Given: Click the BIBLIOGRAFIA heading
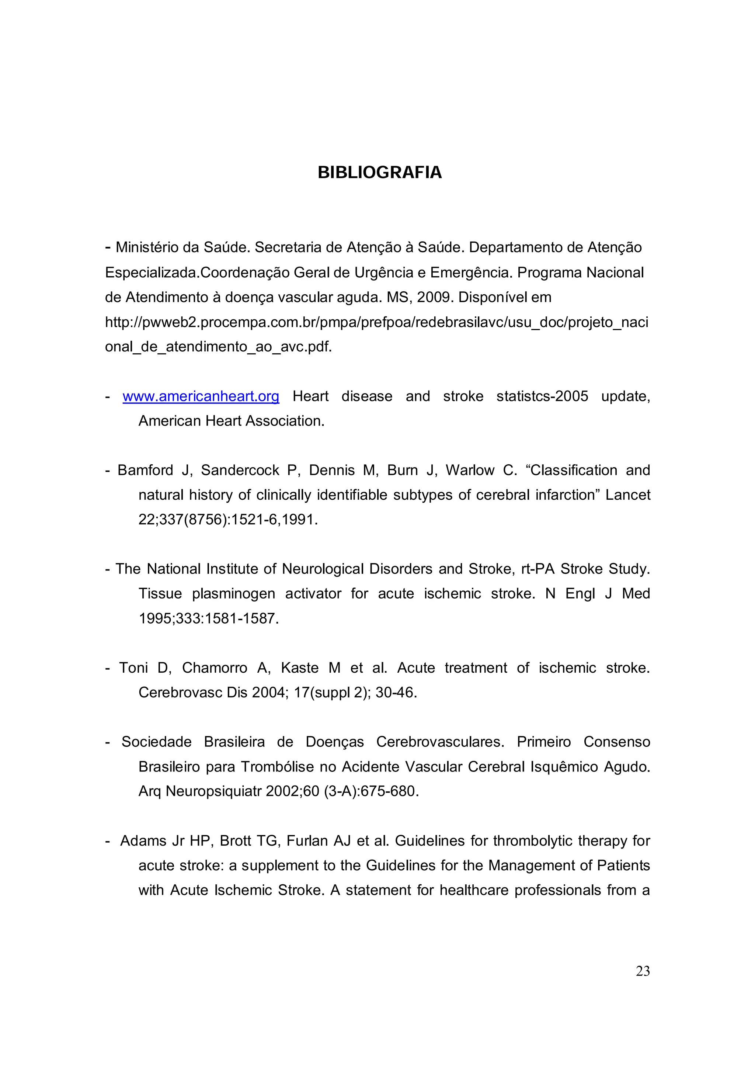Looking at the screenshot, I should click(x=379, y=173).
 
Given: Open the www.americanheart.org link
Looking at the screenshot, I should click(x=201, y=396).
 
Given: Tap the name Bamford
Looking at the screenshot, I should click(x=145, y=470).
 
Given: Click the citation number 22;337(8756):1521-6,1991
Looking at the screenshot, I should click(x=228, y=520).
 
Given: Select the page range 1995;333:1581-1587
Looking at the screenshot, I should click(x=208, y=619).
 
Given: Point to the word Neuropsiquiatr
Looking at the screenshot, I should click(x=214, y=791).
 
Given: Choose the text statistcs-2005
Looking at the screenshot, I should click(x=542, y=396).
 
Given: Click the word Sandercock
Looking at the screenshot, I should click(x=240, y=470).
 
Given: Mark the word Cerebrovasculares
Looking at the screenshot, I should click(x=440, y=742).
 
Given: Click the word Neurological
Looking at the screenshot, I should click(x=323, y=569).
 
